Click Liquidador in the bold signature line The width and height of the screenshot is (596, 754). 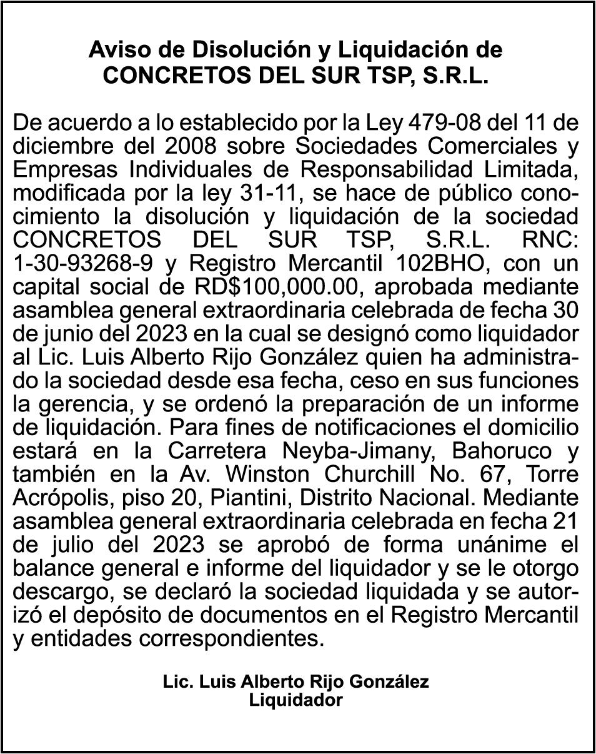[x=296, y=700]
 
